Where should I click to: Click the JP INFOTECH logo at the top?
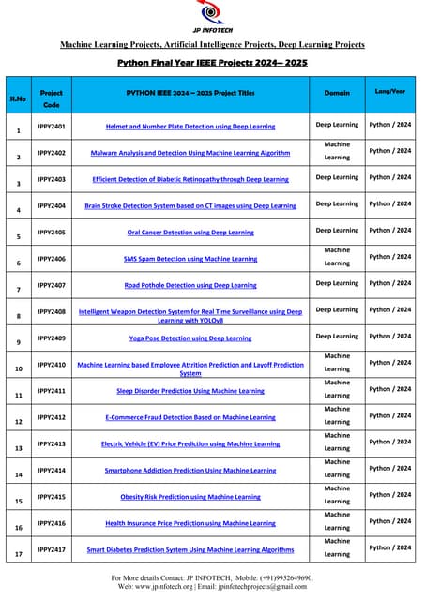[212, 16]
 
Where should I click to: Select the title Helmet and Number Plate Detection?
[190, 126]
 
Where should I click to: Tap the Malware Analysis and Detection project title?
[190, 152]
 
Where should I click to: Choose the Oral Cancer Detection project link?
[190, 232]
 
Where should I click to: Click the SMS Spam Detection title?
[190, 258]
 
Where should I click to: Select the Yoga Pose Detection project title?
[190, 337]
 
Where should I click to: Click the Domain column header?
[337, 93]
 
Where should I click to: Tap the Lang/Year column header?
[390, 91]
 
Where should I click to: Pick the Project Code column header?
[52, 99]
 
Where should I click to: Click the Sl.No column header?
[18, 97]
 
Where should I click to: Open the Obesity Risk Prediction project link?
[190, 496]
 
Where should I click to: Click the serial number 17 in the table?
[18, 554]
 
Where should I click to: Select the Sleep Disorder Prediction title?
[190, 390]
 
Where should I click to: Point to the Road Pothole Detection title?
[190, 285]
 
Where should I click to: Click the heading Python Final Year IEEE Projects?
[212, 63]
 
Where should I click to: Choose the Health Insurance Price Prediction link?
[190, 523]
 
